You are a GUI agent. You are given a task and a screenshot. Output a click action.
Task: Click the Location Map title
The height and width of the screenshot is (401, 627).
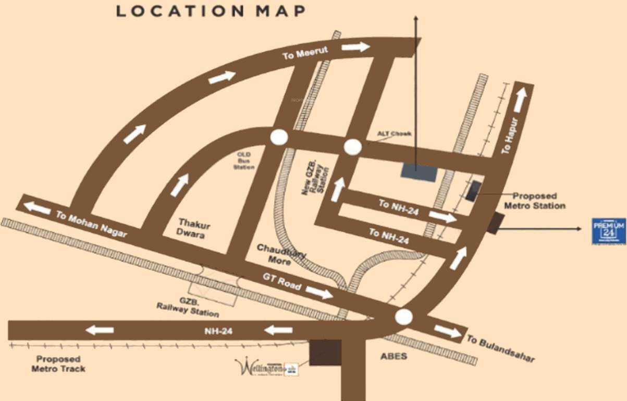pyautogui.click(x=211, y=11)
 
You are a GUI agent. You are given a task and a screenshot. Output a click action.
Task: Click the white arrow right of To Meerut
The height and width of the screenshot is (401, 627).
pyautogui.click(x=355, y=47)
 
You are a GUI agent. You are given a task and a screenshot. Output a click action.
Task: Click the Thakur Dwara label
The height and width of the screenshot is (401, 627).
pyautogui.click(x=191, y=228)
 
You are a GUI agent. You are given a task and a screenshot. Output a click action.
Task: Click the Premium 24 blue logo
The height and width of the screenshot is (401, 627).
pyautogui.click(x=608, y=231)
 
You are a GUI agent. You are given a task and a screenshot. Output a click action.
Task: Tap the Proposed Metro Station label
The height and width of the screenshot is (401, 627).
pyautogui.click(x=534, y=201)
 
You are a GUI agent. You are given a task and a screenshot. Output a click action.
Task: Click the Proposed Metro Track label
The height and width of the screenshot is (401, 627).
pyautogui.click(x=58, y=364)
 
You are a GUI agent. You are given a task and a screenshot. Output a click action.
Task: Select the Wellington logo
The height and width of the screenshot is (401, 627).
pyautogui.click(x=266, y=367)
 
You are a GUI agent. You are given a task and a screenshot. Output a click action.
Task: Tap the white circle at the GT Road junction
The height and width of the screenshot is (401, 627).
pyautogui.click(x=403, y=316)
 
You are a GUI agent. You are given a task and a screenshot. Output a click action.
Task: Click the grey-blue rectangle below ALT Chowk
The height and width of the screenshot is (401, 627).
pyautogui.click(x=419, y=172)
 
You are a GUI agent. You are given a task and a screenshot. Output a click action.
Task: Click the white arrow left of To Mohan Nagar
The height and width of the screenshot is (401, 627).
pyautogui.click(x=37, y=207)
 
